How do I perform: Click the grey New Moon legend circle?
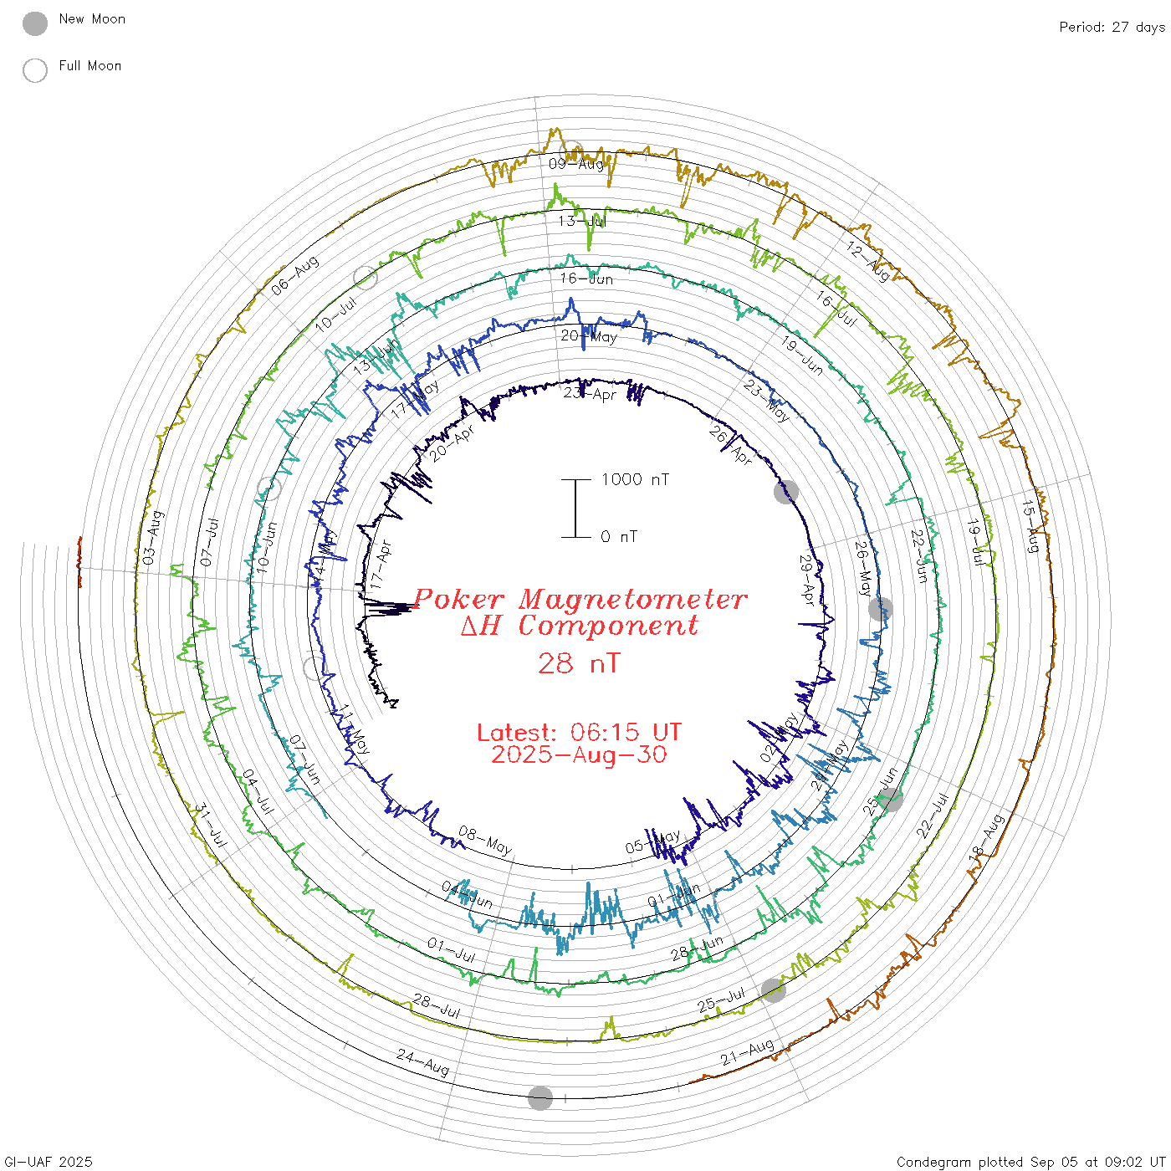coord(35,24)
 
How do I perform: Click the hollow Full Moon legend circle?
coord(35,70)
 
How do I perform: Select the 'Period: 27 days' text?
coord(1112,27)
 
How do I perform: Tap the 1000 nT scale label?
coord(635,479)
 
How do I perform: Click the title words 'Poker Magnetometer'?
coord(580,599)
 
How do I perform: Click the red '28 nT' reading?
coord(579,663)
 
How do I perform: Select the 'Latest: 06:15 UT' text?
coord(579,733)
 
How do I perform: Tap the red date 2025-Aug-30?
coord(579,754)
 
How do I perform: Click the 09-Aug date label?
coord(575,163)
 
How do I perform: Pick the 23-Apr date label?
coord(590,393)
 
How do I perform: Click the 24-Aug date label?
coord(422,1063)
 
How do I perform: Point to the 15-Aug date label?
coord(1031,527)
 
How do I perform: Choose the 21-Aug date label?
coord(747,1052)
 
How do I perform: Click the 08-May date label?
coord(485,841)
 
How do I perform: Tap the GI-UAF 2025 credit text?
coord(48,1162)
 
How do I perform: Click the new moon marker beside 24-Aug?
coord(540,1098)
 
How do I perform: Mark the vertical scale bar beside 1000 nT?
coord(575,509)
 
